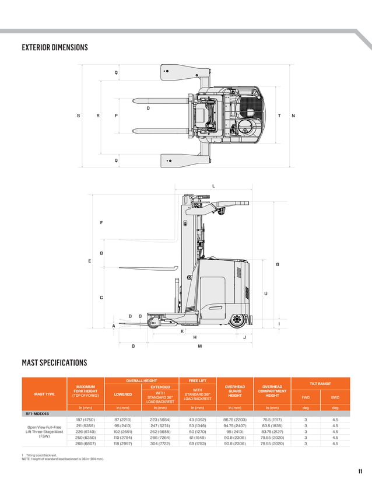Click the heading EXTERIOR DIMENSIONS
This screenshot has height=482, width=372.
coord(55,47)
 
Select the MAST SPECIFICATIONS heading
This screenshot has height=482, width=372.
coord(54,363)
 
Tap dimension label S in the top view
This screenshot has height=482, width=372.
coord(79,116)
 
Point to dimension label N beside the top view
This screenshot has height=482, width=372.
coord(293,116)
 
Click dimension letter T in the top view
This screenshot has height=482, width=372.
coord(279,116)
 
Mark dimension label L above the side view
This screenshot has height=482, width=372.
coord(213,186)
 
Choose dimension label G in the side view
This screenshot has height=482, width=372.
coord(278,264)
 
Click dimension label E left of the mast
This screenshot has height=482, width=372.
coord(89,261)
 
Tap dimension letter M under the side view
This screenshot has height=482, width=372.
coord(199,346)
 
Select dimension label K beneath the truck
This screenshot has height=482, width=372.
coord(183,331)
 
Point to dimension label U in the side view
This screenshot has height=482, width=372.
coord(266,293)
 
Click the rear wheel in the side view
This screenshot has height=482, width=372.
coord(237,320)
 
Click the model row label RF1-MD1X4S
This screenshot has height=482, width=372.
coord(36,413)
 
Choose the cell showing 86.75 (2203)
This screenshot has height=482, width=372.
coord(235,420)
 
